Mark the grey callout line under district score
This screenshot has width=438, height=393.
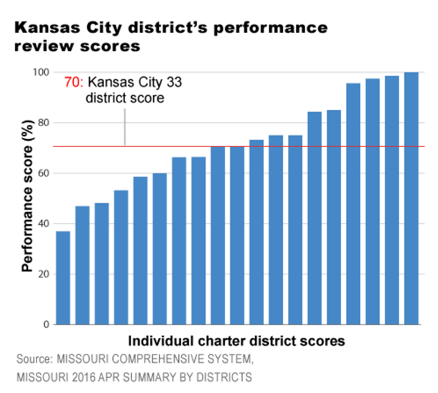[x=124, y=127]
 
